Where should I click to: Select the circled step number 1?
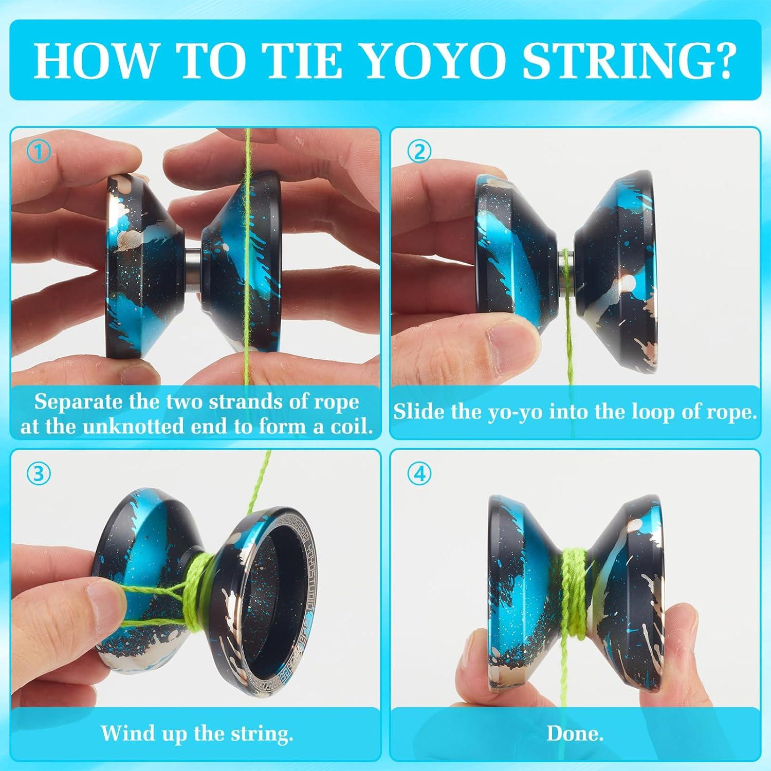click(39, 152)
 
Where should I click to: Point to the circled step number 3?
click(39, 473)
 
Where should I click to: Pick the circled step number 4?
click(419, 473)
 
